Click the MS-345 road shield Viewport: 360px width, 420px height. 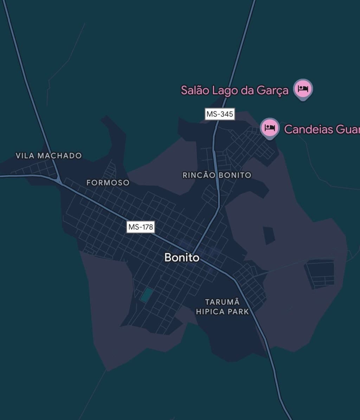[220, 114]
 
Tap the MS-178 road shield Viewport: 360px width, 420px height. [141, 227]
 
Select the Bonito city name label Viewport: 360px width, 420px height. [182, 258]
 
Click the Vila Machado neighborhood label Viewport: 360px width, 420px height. [49, 155]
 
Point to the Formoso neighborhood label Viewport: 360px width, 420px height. [108, 183]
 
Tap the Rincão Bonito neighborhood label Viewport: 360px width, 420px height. [217, 175]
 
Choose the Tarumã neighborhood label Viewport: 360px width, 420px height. [222, 302]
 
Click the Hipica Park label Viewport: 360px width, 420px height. [222, 311]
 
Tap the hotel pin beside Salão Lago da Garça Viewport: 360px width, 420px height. [303, 89]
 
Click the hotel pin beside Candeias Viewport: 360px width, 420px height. [270, 128]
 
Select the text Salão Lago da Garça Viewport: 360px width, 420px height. [234, 90]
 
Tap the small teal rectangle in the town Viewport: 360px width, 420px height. [146, 295]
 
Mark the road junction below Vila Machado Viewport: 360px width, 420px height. [59, 181]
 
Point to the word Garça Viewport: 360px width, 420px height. [272, 90]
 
